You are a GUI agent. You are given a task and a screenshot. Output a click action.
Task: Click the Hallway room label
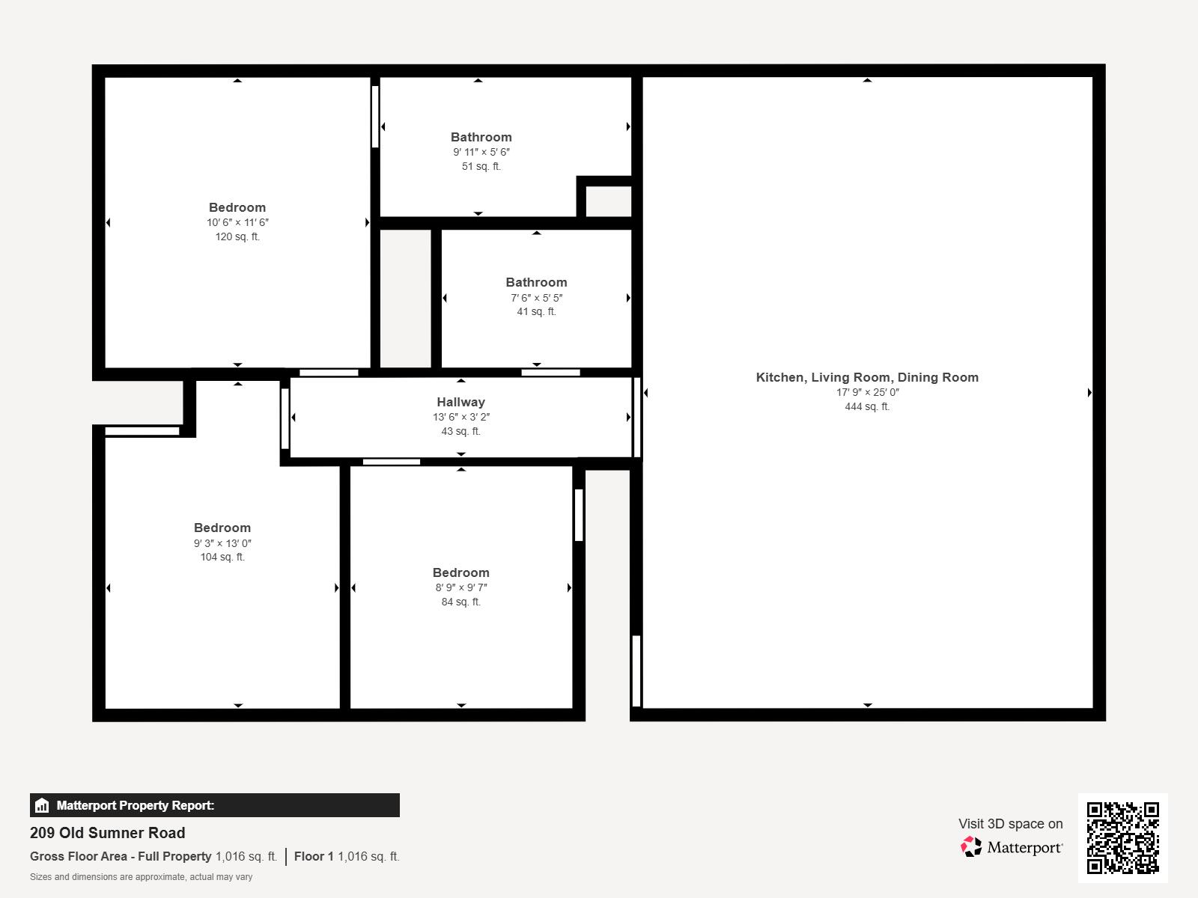460,402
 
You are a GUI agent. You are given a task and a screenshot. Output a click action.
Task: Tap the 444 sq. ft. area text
867,406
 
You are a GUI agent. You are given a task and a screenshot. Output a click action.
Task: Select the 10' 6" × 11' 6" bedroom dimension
237,222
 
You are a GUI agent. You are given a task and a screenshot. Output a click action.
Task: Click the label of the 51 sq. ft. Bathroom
481,137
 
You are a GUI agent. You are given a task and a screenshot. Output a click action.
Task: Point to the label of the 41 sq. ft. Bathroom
536,282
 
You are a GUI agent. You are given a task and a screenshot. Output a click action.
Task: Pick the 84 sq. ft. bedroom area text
460,602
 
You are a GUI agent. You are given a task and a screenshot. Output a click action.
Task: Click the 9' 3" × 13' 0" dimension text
222,543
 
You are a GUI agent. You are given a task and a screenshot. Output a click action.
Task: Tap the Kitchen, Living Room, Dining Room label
867,377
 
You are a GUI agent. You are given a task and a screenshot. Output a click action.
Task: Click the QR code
1122,837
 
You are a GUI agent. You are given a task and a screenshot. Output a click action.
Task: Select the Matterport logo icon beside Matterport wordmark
971,847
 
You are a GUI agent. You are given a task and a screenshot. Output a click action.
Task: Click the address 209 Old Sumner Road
107,833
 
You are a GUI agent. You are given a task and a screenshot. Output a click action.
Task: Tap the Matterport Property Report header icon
42,806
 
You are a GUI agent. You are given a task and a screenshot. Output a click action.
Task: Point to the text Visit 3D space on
1010,824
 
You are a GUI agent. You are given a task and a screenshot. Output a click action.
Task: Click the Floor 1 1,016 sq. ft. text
347,856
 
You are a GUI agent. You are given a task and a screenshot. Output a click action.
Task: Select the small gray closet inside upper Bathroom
608,201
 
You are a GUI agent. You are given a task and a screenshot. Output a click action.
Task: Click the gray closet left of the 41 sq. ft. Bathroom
405,298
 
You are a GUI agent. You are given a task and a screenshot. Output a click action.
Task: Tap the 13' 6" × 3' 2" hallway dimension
460,417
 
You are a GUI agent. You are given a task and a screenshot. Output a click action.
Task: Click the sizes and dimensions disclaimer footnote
141,877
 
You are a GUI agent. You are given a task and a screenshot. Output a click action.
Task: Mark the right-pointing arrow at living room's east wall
1089,392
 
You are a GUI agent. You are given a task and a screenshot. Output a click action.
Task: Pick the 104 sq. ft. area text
222,557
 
